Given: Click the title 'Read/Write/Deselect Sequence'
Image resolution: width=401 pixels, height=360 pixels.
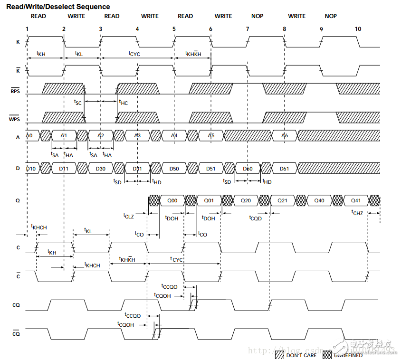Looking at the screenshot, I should (58, 7).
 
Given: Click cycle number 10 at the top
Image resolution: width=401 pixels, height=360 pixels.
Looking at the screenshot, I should (358, 29).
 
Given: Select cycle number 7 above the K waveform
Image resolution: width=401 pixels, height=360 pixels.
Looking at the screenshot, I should (248, 29).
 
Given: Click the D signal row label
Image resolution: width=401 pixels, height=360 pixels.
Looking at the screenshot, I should (18, 168).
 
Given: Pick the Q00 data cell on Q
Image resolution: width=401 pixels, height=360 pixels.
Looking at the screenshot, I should (172, 200).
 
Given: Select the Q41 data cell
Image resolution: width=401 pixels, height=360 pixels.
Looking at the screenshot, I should (355, 200).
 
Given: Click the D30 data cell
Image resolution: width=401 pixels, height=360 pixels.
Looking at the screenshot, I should (100, 168).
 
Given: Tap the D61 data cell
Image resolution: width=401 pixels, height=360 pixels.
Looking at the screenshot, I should (284, 168).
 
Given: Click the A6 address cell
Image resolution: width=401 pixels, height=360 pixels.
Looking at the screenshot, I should (284, 136).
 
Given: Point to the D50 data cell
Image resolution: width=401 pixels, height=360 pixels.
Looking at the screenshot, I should (174, 168).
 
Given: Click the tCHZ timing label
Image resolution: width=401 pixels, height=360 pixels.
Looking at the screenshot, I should (357, 214).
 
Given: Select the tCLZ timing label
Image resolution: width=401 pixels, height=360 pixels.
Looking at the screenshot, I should (128, 216).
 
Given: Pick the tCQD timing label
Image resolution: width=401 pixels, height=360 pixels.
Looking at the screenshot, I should (255, 218).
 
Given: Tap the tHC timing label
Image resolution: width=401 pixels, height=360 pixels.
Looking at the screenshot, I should (123, 102).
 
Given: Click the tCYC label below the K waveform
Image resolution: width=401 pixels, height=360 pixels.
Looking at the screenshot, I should (134, 54).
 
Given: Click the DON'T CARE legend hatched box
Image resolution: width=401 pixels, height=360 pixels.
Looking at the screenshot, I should (279, 354).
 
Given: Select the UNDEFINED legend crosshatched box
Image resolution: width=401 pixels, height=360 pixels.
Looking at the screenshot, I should (327, 354).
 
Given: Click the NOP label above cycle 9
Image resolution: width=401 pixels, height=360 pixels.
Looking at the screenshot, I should (331, 16).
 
